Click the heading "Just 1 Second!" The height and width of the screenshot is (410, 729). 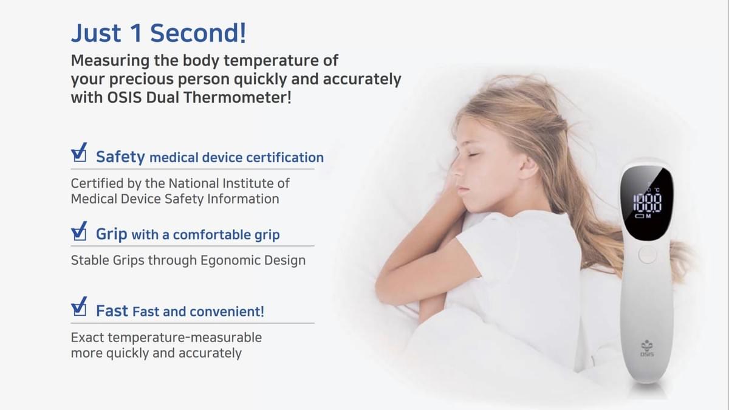tap(159, 33)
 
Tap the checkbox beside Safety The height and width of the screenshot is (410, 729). tap(79, 152)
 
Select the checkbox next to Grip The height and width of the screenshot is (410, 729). tap(79, 231)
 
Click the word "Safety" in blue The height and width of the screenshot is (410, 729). tap(120, 157)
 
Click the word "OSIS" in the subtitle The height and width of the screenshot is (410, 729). tap(125, 97)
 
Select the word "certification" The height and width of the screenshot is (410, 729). tap(285, 157)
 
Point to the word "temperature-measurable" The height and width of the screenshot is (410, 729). tap(185, 338)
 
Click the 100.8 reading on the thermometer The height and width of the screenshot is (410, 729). tap(647, 203)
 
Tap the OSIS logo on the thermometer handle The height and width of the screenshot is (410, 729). tap(647, 349)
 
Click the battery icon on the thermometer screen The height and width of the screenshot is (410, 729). tap(640, 216)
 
